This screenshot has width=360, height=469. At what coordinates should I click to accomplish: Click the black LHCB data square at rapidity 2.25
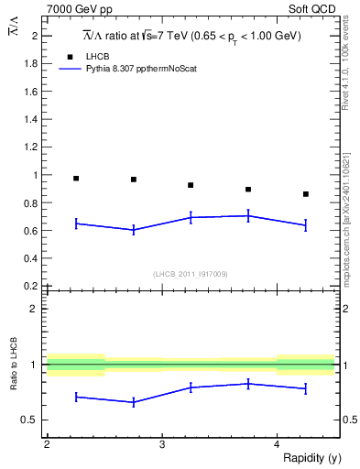[x=76, y=179]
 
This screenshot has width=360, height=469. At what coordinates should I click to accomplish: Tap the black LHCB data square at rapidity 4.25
[x=306, y=194]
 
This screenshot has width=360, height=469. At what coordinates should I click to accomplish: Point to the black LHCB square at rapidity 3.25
[x=191, y=185]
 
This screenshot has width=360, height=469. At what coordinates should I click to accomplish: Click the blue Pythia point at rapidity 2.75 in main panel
[x=134, y=230]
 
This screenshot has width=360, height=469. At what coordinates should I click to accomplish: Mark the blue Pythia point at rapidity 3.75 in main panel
[x=248, y=216]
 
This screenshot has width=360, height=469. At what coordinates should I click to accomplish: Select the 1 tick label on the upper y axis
[x=37, y=174]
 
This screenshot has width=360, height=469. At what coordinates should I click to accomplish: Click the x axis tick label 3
[x=162, y=444]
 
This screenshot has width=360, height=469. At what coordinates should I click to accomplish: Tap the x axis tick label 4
[x=277, y=444]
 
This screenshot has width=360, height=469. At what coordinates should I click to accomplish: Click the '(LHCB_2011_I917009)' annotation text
[x=191, y=274]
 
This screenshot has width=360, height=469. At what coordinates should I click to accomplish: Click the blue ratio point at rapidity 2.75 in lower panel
[x=134, y=402]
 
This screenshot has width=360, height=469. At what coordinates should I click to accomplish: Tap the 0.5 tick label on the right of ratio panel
[x=348, y=420]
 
